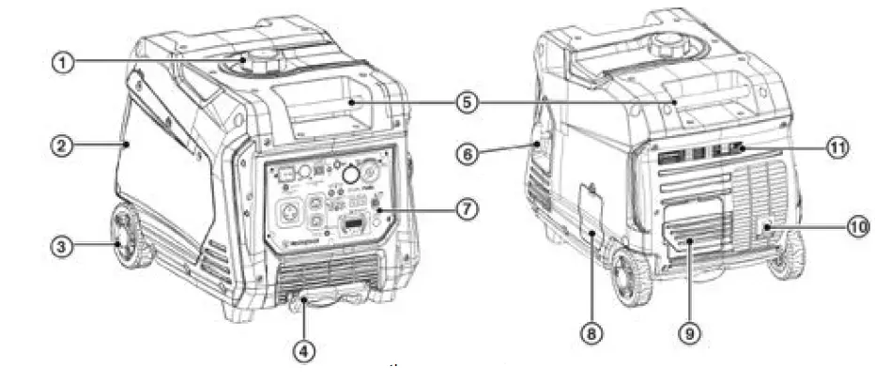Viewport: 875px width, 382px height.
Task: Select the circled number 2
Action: coord(62,145)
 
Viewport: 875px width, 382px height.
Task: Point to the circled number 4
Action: coord(303,351)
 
